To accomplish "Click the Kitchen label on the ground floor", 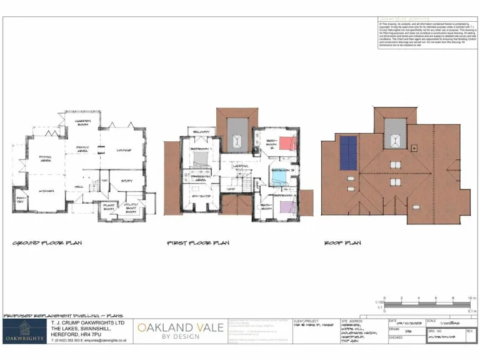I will pyautogui.click(x=46, y=191).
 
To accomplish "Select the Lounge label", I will pyautogui.click(x=123, y=149).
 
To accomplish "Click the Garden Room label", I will pyautogui.click(x=84, y=123).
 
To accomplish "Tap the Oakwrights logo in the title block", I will pyautogui.click(x=24, y=331).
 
